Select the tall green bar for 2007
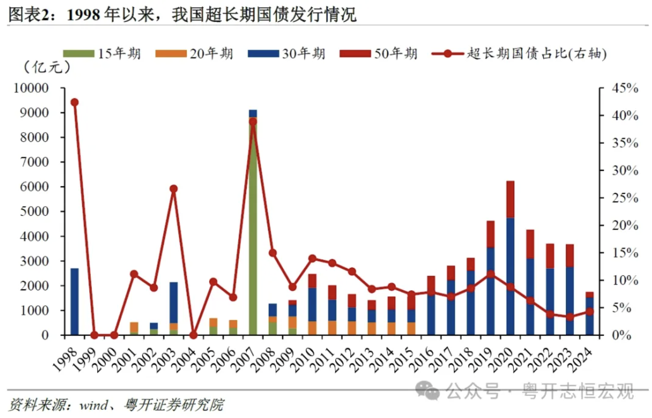pyautogui.click(x=253, y=227)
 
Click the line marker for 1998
pyautogui.click(x=74, y=102)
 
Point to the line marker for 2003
pyautogui.click(x=174, y=189)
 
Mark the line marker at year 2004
pyautogui.click(x=193, y=335)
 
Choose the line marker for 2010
pyautogui.click(x=312, y=258)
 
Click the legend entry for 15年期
pyautogui.click(x=102, y=53)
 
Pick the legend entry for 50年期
pyautogui.click(x=379, y=53)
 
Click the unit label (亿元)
pyautogui.click(x=46, y=68)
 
